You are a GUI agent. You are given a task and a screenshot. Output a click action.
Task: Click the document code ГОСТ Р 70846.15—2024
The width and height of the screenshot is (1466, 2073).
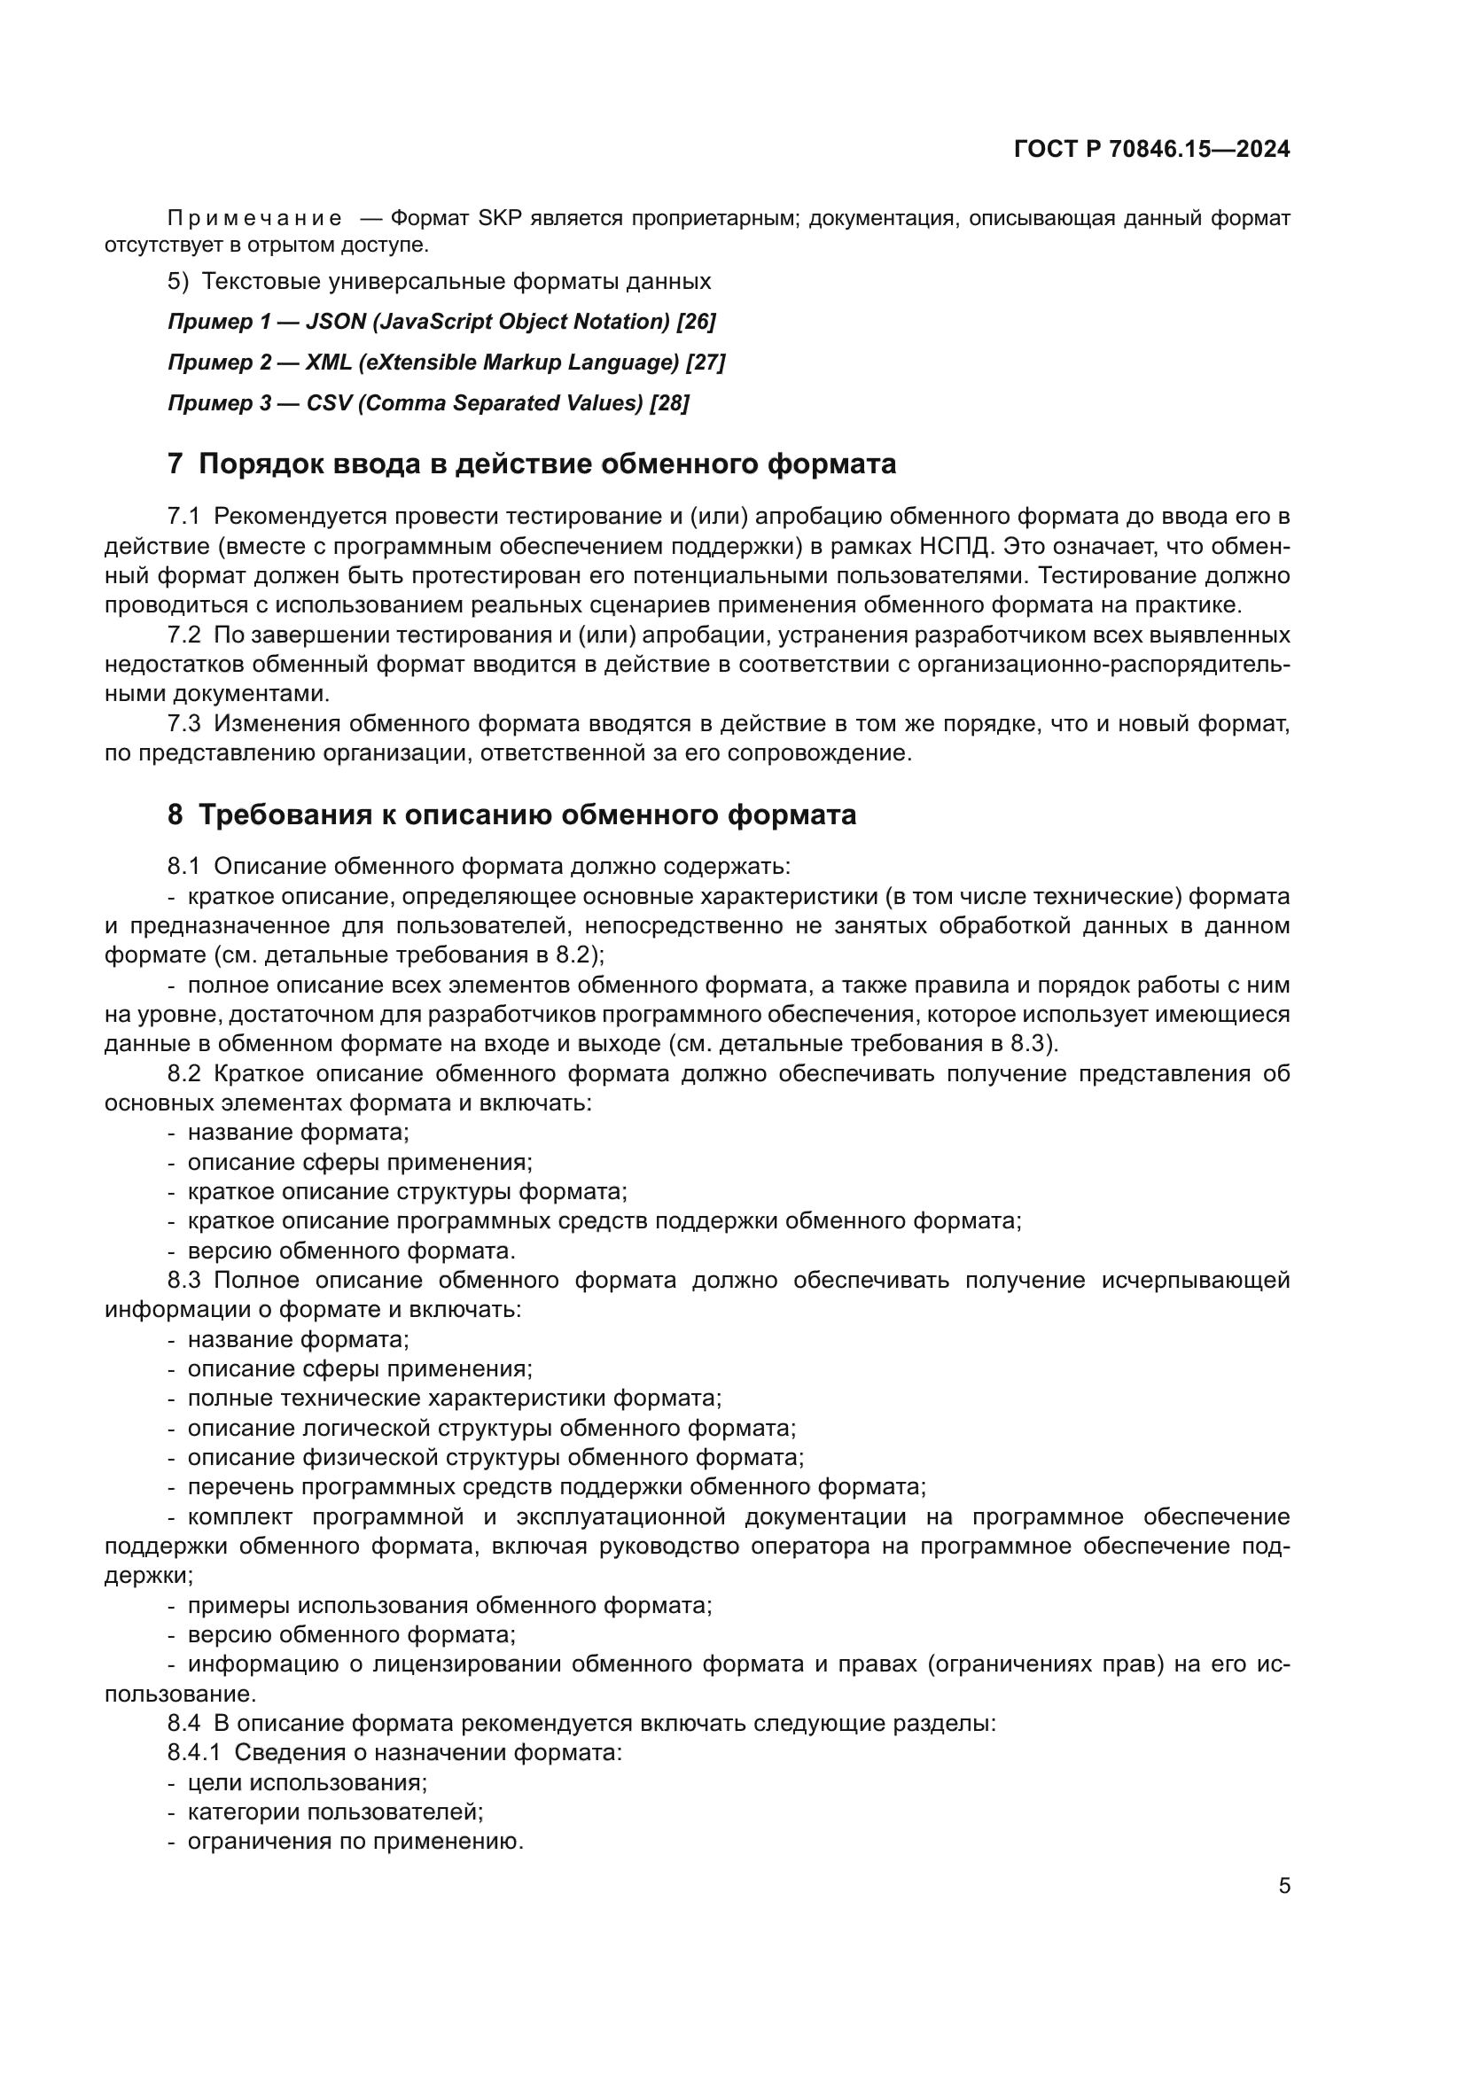(x=1151, y=150)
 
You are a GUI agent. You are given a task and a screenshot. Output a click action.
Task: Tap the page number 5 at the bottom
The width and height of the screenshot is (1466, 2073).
(x=1283, y=1886)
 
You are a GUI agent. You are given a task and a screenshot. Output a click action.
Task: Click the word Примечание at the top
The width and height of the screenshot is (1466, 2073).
(x=254, y=219)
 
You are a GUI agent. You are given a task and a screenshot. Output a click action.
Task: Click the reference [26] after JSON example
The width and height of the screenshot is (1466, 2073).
(x=696, y=322)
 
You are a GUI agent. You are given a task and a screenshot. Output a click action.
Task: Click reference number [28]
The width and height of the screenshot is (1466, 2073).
(x=669, y=402)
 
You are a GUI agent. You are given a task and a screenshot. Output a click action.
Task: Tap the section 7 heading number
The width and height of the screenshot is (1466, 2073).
(x=175, y=464)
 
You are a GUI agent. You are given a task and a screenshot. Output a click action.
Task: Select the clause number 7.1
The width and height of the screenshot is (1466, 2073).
(x=183, y=517)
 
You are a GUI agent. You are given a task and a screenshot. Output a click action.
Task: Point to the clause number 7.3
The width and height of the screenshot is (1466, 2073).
(x=183, y=723)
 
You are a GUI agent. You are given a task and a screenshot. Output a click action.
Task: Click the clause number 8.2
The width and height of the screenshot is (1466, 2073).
(x=183, y=1073)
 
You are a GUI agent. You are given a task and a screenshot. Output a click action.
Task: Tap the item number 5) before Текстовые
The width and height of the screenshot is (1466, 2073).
(x=178, y=282)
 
